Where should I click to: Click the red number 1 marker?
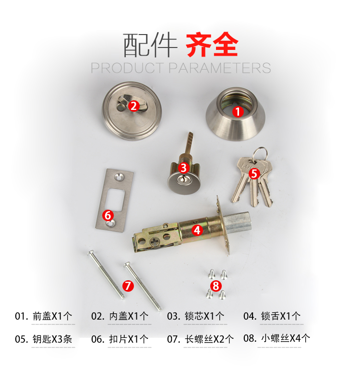pyautogui.click(x=238, y=112)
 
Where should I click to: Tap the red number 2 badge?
pyautogui.click(x=134, y=106)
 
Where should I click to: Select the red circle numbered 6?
pyautogui.click(x=108, y=215)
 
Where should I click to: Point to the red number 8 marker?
pyautogui.click(x=216, y=286)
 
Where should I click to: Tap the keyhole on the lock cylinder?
pyautogui.click(x=181, y=180)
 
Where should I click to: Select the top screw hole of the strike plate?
pyautogui.click(x=119, y=177)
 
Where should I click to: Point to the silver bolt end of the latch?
pyautogui.click(x=237, y=223)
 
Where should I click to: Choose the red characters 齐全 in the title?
pyautogui.click(x=212, y=44)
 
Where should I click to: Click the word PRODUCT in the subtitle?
pyautogui.click(x=128, y=68)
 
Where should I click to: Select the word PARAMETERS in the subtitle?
pyautogui.click(x=219, y=68)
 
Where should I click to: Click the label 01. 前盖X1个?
pyautogui.click(x=43, y=316)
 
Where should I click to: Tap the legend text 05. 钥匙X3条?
pyautogui.click(x=43, y=339)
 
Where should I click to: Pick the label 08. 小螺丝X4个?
pyautogui.click(x=276, y=338)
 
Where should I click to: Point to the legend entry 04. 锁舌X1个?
pyautogui.click(x=272, y=316)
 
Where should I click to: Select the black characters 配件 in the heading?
pyautogui.click(x=150, y=45)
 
